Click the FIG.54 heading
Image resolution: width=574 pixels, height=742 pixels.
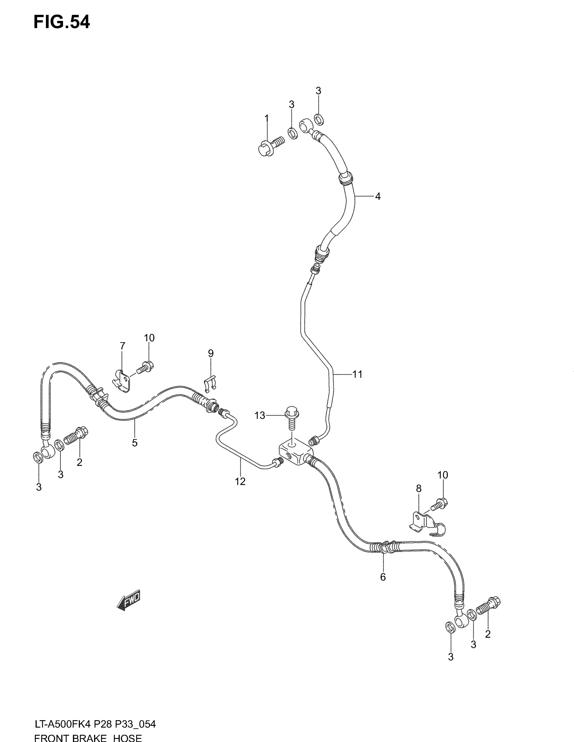pyautogui.click(x=61, y=22)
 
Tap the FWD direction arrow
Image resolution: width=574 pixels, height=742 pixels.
pyautogui.click(x=129, y=600)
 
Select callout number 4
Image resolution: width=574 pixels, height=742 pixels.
pyautogui.click(x=377, y=196)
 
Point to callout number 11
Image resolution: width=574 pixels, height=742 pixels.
pyautogui.click(x=357, y=374)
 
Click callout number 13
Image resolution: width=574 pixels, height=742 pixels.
pyautogui.click(x=260, y=415)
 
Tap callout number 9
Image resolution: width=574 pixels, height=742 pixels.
pyautogui.click(x=211, y=353)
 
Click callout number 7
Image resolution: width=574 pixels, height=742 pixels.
pyautogui.click(x=123, y=346)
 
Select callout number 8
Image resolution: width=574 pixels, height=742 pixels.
pyautogui.click(x=419, y=489)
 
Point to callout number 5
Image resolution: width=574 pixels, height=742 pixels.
pyautogui.click(x=135, y=443)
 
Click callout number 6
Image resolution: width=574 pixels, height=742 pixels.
pyautogui.click(x=383, y=577)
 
